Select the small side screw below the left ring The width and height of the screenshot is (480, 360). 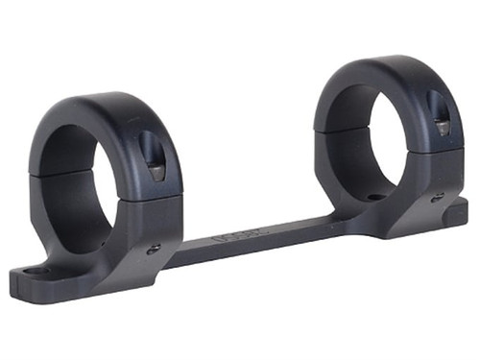[x=153, y=249]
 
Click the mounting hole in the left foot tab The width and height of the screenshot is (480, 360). [x=37, y=272]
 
